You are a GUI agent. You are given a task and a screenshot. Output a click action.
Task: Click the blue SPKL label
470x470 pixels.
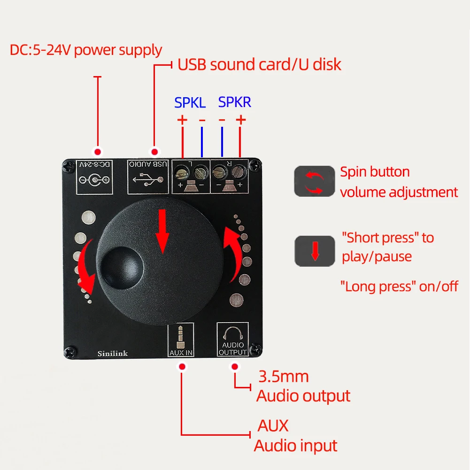click(x=190, y=102)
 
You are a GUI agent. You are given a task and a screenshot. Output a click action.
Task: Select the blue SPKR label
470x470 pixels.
click(x=235, y=102)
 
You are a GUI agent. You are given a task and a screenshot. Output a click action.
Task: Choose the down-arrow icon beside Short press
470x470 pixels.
click(x=315, y=251)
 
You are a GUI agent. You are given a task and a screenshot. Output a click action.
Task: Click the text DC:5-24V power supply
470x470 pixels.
click(x=86, y=50)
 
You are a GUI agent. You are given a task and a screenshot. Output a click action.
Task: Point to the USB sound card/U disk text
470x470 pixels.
click(x=259, y=65)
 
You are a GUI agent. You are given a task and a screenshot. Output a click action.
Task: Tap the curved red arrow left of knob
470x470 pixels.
click(x=87, y=267)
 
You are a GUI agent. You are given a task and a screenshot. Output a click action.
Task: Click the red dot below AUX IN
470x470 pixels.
click(x=182, y=366)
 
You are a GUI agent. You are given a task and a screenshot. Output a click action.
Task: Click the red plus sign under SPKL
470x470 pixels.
click(x=182, y=120)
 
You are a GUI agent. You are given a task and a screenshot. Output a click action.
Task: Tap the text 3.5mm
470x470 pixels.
click(x=283, y=376)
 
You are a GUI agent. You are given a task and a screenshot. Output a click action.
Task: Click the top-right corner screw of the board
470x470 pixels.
click(x=254, y=164)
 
